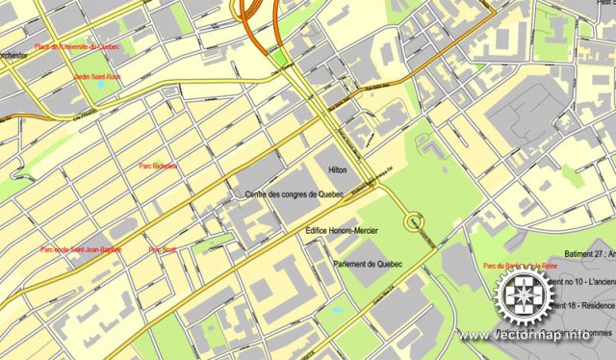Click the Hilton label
click(338, 169)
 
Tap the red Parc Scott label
click(161, 249)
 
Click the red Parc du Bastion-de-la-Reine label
click(521, 266)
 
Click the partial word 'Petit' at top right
click(603, 3)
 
